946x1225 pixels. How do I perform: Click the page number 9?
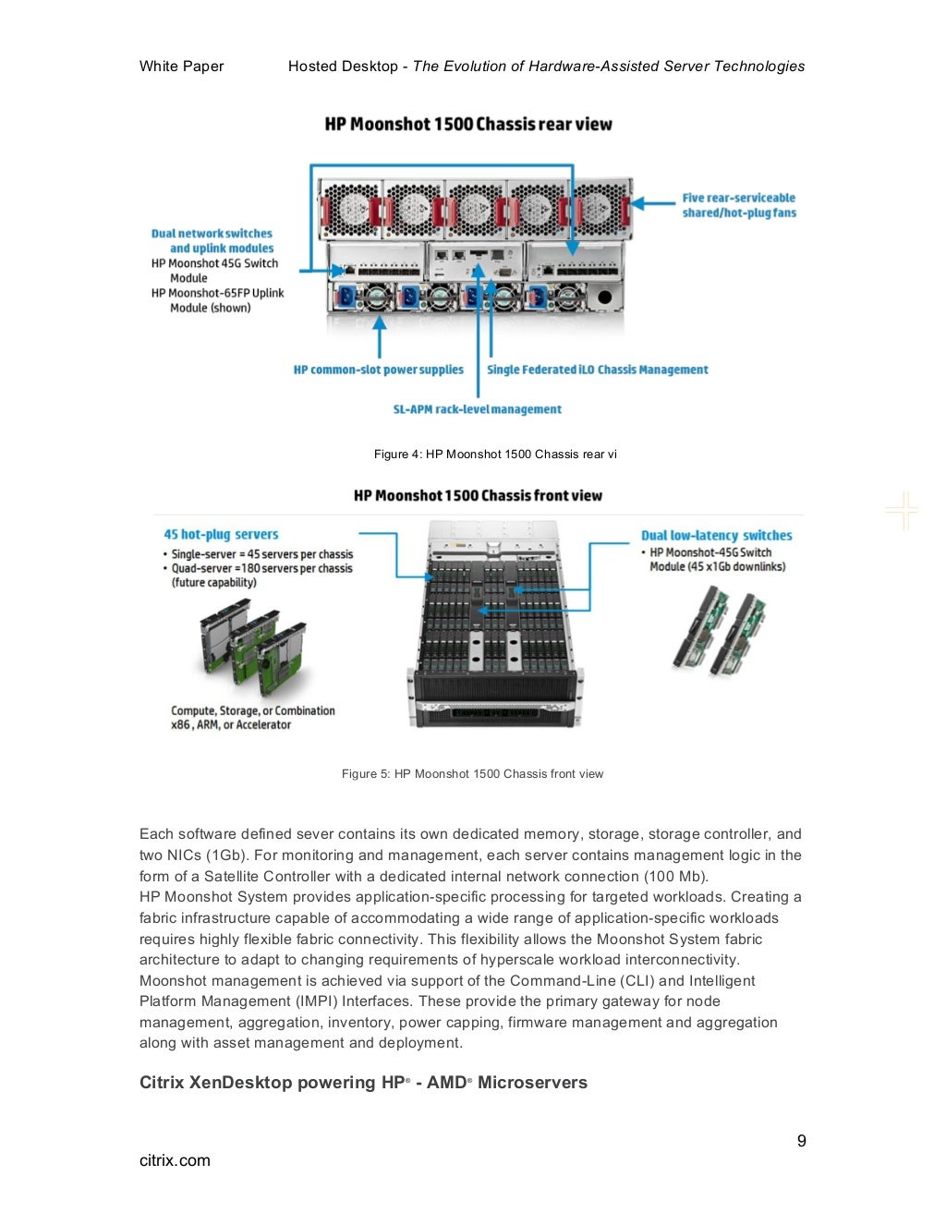801,1141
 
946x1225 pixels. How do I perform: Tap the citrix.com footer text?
175,1160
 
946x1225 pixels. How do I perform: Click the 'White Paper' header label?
181,67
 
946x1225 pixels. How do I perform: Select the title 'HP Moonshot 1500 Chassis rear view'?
468,124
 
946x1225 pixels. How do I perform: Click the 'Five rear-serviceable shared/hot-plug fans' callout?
738,205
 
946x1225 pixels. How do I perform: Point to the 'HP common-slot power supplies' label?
378,370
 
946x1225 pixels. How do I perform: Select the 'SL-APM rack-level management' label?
477,409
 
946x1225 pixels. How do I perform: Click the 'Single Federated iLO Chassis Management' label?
597,370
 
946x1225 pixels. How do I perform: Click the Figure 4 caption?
495,454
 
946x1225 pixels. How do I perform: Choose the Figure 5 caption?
472,774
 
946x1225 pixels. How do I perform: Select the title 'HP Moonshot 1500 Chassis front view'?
478,495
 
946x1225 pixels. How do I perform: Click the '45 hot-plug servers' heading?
221,534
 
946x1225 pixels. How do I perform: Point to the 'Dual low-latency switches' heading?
716,535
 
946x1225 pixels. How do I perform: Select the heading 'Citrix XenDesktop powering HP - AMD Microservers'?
363,1083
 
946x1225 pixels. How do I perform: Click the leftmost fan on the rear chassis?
349,209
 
